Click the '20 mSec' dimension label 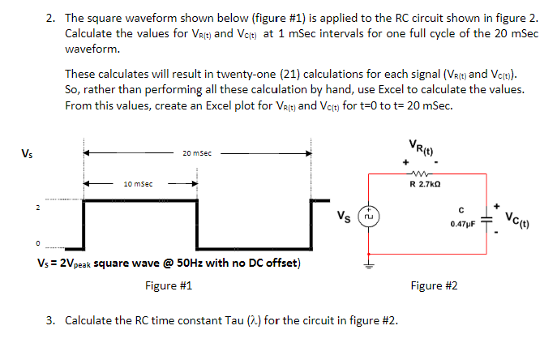198,152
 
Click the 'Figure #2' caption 434,285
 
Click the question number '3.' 50,320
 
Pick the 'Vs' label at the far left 28,152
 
